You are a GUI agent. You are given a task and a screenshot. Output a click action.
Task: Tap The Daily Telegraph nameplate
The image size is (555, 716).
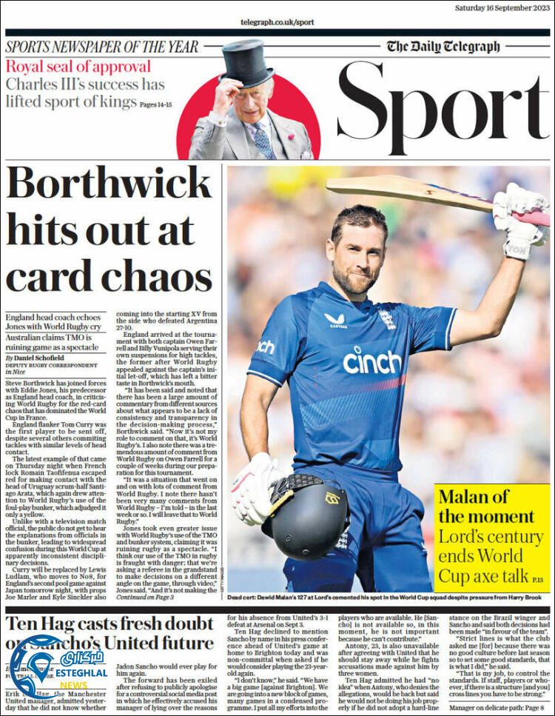tap(443, 47)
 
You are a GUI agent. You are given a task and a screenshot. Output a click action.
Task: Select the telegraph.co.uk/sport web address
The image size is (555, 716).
tap(277, 22)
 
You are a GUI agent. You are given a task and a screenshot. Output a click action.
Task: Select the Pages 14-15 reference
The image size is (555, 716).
tap(155, 105)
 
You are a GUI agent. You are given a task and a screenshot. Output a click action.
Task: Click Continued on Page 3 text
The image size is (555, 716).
tap(145, 596)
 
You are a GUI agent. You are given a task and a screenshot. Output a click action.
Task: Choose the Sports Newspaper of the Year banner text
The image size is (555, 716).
tap(102, 47)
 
